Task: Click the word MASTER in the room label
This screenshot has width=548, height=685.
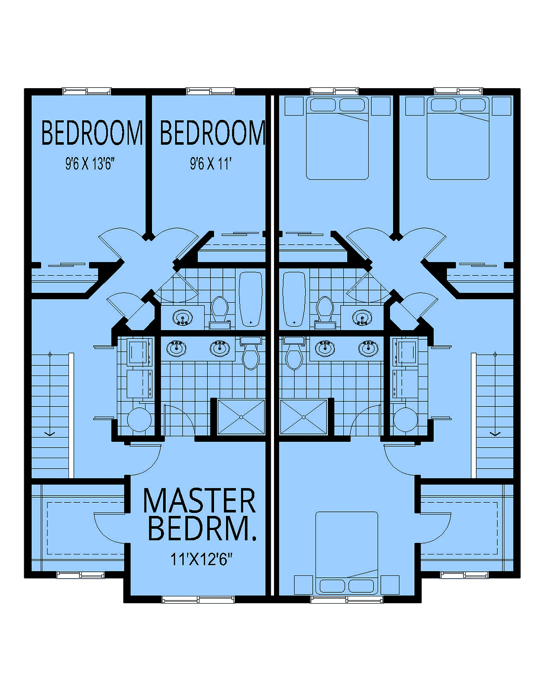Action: (199, 500)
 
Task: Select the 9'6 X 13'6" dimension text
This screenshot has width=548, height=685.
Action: (90, 164)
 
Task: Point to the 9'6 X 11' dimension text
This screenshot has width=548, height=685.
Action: (211, 164)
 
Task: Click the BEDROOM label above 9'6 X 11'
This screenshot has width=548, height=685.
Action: (212, 133)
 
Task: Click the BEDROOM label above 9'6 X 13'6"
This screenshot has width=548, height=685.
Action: (92, 133)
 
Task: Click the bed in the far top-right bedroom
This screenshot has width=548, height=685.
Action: (458, 138)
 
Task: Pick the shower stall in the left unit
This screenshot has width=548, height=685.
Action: (241, 417)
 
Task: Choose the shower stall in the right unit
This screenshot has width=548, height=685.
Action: (303, 417)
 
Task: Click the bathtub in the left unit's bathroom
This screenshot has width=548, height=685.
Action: (251, 299)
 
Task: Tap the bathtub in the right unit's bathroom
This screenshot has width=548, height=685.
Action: (294, 299)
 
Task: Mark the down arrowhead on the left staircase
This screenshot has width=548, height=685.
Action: (50, 434)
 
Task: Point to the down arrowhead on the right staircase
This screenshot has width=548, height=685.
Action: (495, 434)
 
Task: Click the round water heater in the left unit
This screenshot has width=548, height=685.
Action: (139, 420)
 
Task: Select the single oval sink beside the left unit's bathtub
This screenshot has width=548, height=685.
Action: (183, 318)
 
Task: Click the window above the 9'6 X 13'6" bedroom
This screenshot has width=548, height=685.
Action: (87, 92)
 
